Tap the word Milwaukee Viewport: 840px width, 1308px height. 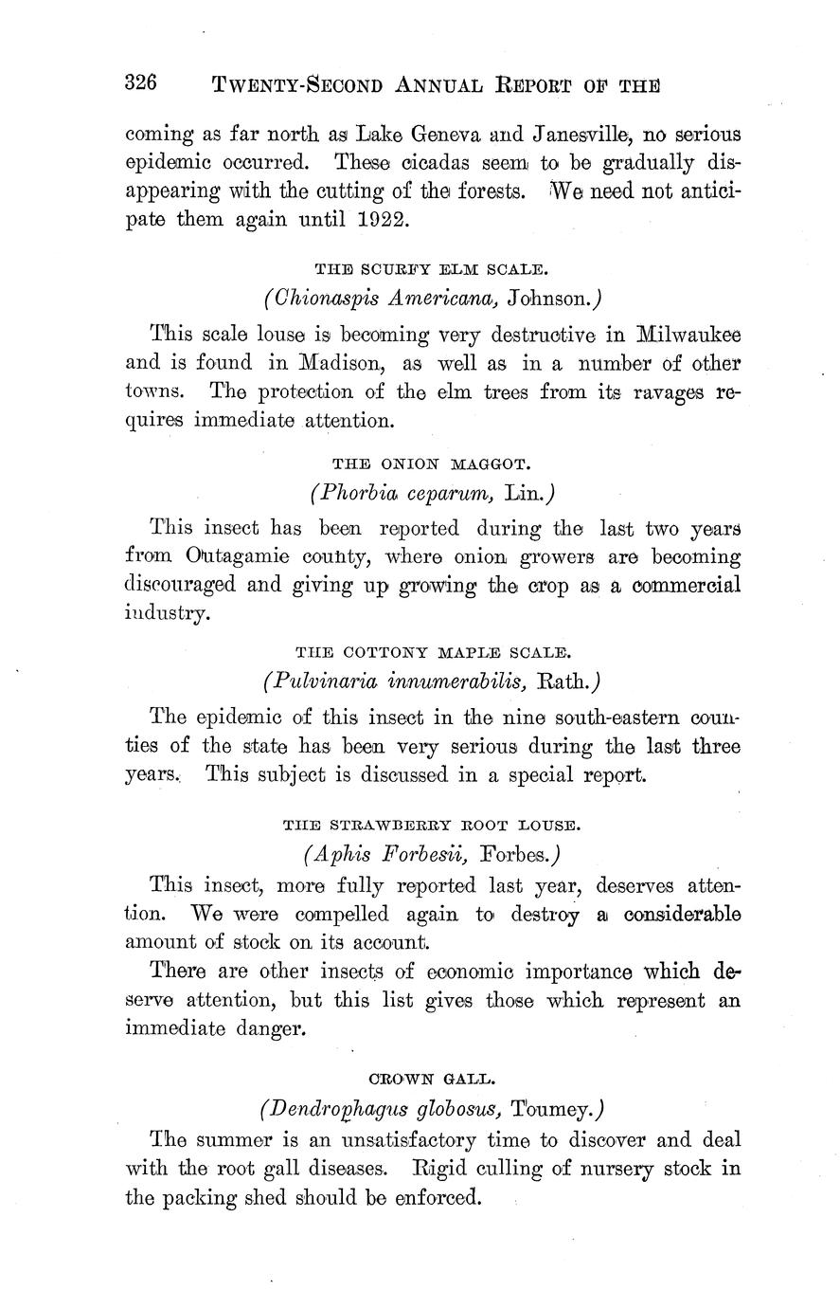click(x=688, y=334)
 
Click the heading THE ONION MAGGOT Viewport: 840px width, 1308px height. click(x=432, y=463)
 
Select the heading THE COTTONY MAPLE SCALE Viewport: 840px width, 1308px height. click(x=433, y=652)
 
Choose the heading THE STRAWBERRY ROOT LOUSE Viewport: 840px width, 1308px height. click(x=432, y=825)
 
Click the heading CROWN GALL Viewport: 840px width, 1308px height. click(x=432, y=1078)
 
